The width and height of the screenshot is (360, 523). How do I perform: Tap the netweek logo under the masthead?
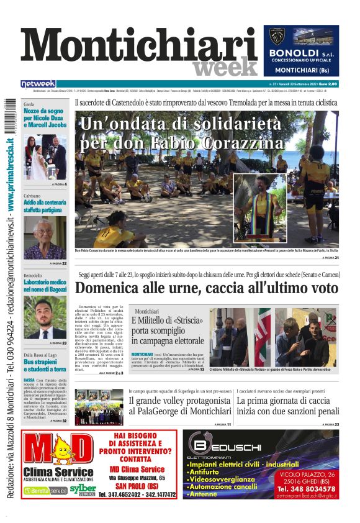tap(38, 83)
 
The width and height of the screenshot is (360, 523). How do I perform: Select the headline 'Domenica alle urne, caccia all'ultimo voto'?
tap(207, 288)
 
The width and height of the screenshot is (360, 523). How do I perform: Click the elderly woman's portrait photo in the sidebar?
tap(45, 238)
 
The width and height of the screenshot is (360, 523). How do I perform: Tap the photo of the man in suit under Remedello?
tap(45, 317)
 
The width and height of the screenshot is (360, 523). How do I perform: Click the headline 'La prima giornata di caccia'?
tap(287, 406)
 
